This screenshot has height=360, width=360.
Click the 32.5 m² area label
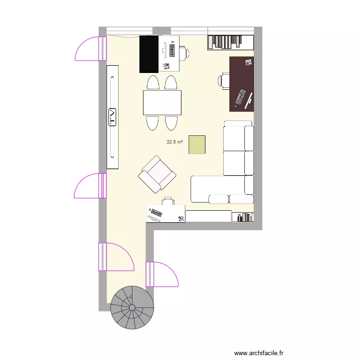point(175,142)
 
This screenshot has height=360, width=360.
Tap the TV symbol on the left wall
point(113,117)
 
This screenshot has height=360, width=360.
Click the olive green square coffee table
point(197,144)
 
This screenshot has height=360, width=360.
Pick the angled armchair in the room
point(157,175)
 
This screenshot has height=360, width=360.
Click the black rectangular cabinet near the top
point(149,53)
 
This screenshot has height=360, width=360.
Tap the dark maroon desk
point(242,84)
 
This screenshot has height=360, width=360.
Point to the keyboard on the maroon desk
point(240,97)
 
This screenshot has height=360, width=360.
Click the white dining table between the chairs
point(162,103)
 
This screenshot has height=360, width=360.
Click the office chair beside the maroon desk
point(225,80)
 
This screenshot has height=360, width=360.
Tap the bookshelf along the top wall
point(230,42)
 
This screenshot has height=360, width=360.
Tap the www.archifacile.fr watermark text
point(260,353)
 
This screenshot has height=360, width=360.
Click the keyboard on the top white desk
point(171,50)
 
